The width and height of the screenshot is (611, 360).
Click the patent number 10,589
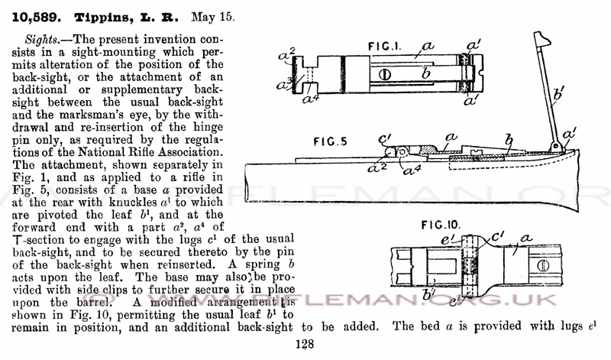pyautogui.click(x=37, y=18)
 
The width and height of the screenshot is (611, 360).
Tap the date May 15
pyautogui.click(x=213, y=18)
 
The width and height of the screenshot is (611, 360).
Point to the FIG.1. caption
pyautogui.click(x=384, y=47)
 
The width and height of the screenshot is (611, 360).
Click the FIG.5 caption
pyautogui.click(x=331, y=141)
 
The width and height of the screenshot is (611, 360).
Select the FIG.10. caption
pyautogui.click(x=441, y=225)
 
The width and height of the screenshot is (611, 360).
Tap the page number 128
pyautogui.click(x=304, y=344)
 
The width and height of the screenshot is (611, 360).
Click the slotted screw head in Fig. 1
pyautogui.click(x=385, y=74)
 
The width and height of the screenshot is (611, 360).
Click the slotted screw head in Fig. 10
pyautogui.click(x=543, y=266)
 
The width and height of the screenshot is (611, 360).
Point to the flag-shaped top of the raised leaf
pyautogui.click(x=542, y=38)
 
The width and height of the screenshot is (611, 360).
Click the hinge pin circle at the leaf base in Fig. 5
pyautogui.click(x=555, y=147)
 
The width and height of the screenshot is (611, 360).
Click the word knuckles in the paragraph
pyautogui.click(x=133, y=202)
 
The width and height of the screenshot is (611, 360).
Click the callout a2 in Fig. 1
pyautogui.click(x=287, y=54)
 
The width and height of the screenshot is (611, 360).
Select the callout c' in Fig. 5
pyautogui.click(x=385, y=138)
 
